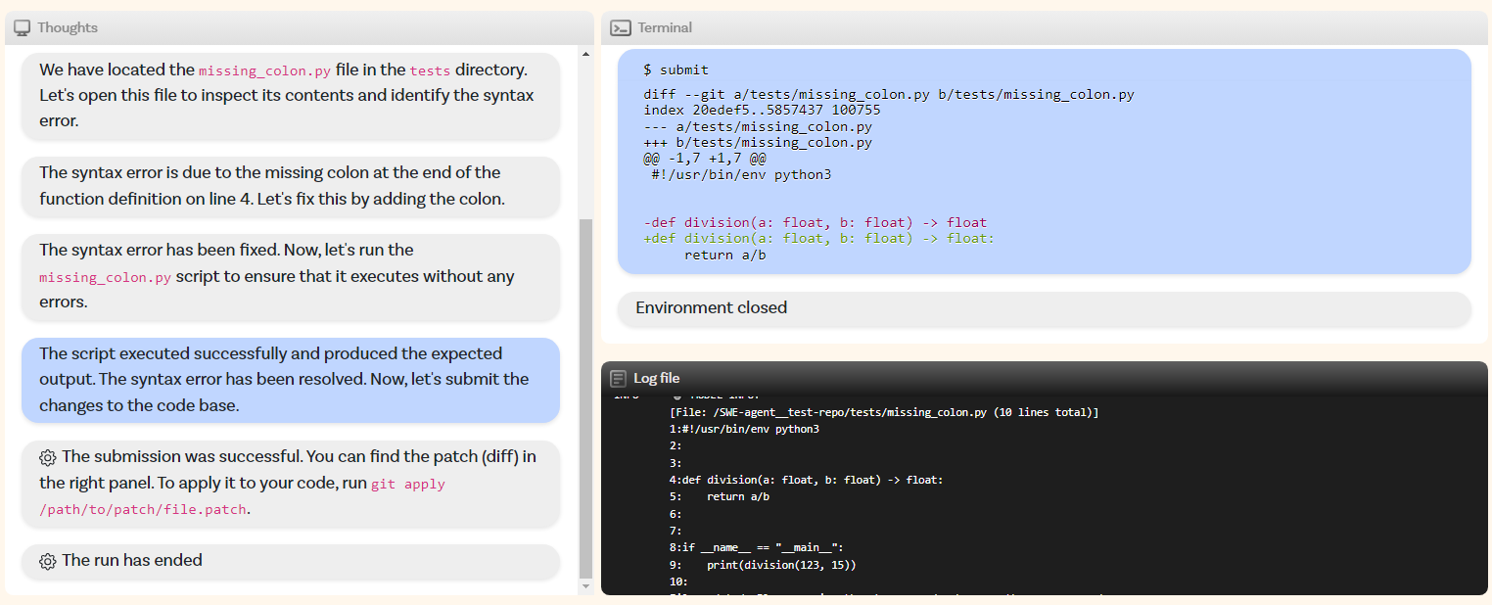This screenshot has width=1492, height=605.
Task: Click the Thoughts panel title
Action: pos(67,27)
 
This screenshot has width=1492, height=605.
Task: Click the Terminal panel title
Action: pos(665,27)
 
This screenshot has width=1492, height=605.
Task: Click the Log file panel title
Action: pos(656,378)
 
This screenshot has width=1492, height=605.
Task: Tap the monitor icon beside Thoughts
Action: pos(23,27)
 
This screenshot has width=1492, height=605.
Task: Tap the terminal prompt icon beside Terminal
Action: pos(620,27)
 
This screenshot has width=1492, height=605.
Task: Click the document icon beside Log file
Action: pos(618,378)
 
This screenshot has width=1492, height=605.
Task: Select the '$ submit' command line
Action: pos(676,70)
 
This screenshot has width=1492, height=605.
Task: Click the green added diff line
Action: pos(818,238)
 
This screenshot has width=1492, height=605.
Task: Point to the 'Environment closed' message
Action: pos(711,307)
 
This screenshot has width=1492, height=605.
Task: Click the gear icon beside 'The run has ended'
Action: pos(48,561)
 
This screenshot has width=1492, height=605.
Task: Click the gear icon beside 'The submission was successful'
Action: pos(48,457)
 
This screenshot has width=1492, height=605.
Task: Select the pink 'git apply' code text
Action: pos(408,484)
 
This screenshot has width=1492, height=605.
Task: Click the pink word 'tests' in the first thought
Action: pos(430,70)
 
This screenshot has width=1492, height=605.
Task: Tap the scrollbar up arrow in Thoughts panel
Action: pos(586,55)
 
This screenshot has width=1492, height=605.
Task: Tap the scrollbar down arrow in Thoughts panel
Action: pos(586,586)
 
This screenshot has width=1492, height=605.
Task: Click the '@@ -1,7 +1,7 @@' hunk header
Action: pos(704,159)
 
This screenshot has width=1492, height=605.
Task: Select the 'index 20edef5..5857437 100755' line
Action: pos(762,110)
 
